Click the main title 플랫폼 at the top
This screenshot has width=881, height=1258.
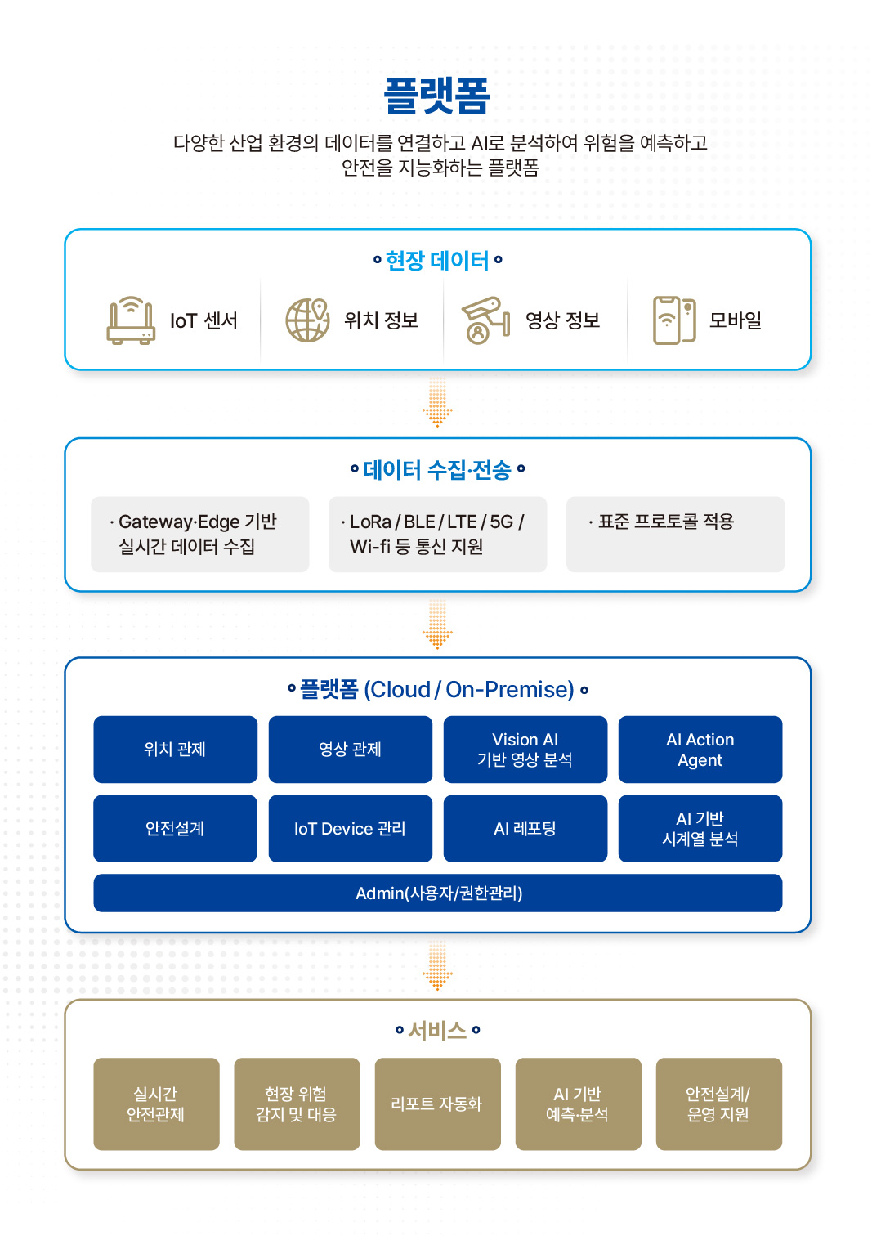click(x=437, y=96)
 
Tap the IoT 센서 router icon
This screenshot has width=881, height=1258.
click(x=131, y=320)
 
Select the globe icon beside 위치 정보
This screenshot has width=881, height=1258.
click(x=307, y=320)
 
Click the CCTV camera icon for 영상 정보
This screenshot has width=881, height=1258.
click(x=485, y=320)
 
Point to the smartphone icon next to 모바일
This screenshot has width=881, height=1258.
click(x=674, y=320)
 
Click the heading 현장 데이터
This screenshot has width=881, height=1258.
click(x=437, y=261)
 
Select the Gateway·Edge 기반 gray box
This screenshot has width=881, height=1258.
click(x=200, y=534)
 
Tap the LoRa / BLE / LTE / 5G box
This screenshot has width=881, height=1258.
click(x=437, y=534)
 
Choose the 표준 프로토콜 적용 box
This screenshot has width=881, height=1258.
click(x=675, y=534)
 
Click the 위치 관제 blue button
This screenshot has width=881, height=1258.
click(x=175, y=750)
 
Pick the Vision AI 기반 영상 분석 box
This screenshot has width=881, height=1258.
click(x=525, y=750)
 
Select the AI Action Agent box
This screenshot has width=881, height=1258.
click(x=700, y=750)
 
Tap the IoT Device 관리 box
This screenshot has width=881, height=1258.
click(x=351, y=828)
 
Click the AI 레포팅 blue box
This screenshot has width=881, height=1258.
click(x=525, y=828)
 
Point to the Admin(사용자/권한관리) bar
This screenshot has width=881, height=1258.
click(x=438, y=893)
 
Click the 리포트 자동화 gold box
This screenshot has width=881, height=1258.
click(x=437, y=1104)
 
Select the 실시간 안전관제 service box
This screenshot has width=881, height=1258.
click(x=156, y=1104)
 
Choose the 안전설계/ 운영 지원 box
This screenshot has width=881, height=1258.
click(x=718, y=1104)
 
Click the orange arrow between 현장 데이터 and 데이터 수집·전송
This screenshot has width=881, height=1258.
click(x=437, y=402)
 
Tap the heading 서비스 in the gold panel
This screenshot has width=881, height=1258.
click(x=437, y=1031)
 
